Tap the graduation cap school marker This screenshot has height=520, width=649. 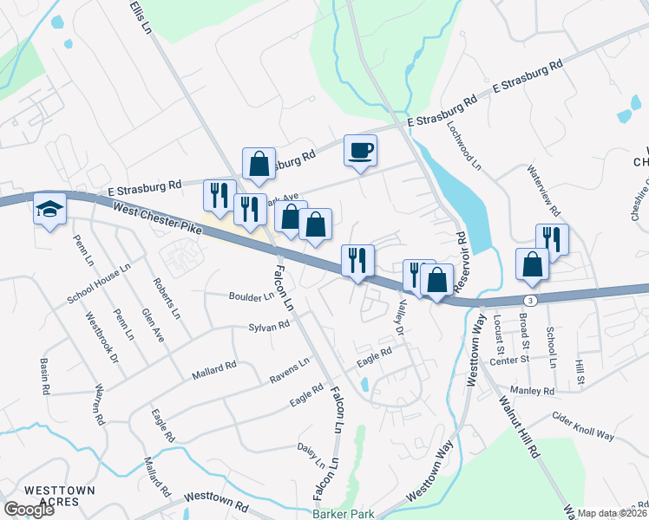click(x=49, y=208)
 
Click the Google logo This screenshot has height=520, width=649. click(x=29, y=510)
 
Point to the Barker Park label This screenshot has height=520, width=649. click(x=344, y=514)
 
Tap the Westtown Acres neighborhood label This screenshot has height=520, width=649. click(x=59, y=496)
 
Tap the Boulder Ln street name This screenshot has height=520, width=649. click(x=250, y=296)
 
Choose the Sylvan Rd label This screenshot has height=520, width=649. click(x=268, y=327)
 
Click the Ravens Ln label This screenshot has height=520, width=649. click(x=289, y=367)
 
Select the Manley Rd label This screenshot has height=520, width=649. click(x=534, y=392)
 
